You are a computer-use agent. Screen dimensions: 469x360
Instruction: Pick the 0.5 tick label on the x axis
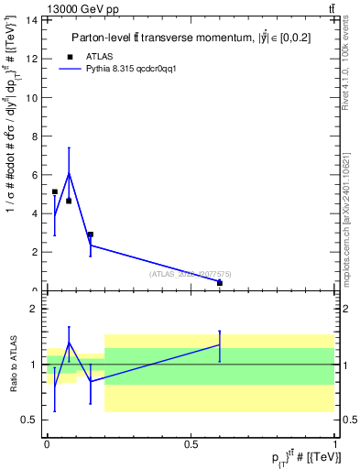pos(191,444)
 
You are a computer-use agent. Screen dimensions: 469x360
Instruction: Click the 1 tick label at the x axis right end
pos(335,444)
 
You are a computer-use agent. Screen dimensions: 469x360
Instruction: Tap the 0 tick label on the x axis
pos(47,444)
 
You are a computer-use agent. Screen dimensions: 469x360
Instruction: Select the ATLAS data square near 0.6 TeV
pos(220,283)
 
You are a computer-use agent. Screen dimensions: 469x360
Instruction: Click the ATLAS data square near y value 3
pos(90,234)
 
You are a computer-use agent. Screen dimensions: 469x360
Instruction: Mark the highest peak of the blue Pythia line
pos(69,173)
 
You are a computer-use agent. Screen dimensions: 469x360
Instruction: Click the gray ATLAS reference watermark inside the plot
pos(189,273)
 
